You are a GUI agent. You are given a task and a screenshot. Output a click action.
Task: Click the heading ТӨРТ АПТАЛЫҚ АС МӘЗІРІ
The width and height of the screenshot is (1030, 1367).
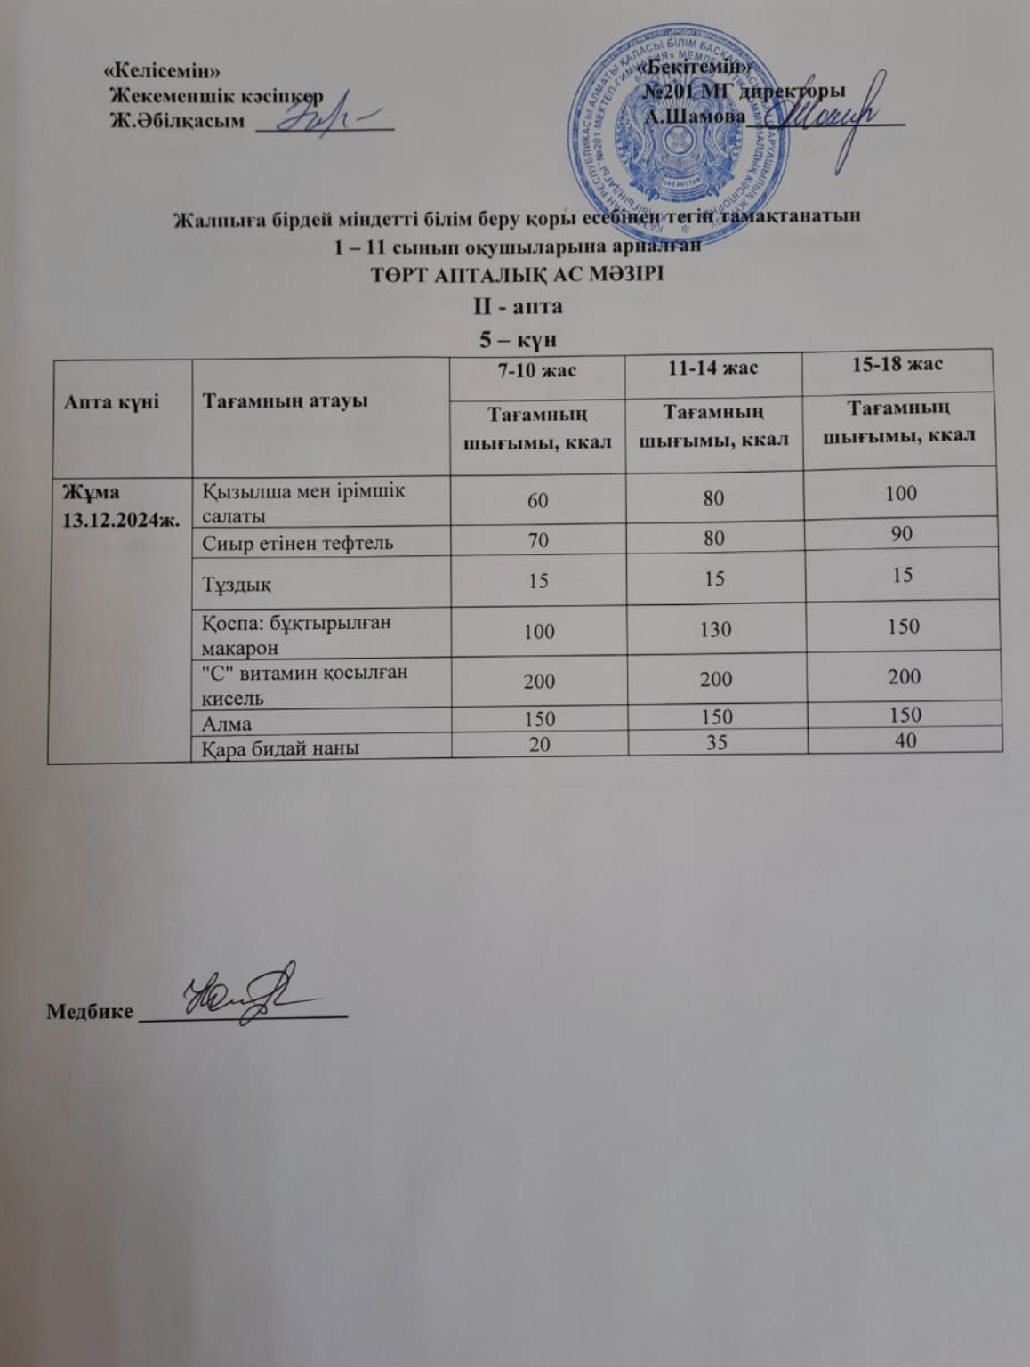pos(517,274)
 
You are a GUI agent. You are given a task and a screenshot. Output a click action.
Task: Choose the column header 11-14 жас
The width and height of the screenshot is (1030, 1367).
pos(713,367)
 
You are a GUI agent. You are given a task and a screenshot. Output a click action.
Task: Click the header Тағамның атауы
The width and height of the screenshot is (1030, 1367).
pos(285,401)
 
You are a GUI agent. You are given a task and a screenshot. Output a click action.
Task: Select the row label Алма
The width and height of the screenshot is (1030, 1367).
pos(227,724)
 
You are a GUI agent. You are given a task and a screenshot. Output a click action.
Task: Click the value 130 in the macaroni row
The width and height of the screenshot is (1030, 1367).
pos(715,630)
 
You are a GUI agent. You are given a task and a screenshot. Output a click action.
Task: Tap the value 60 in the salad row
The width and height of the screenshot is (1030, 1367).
pos(537,499)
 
